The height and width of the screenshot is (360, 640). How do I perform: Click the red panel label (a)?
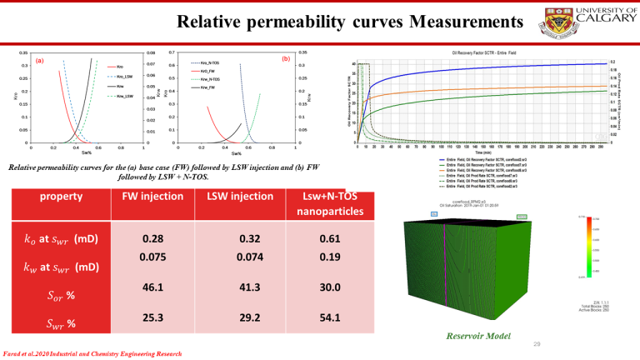(x=39, y=60)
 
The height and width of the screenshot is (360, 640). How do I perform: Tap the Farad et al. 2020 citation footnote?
(x=92, y=353)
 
